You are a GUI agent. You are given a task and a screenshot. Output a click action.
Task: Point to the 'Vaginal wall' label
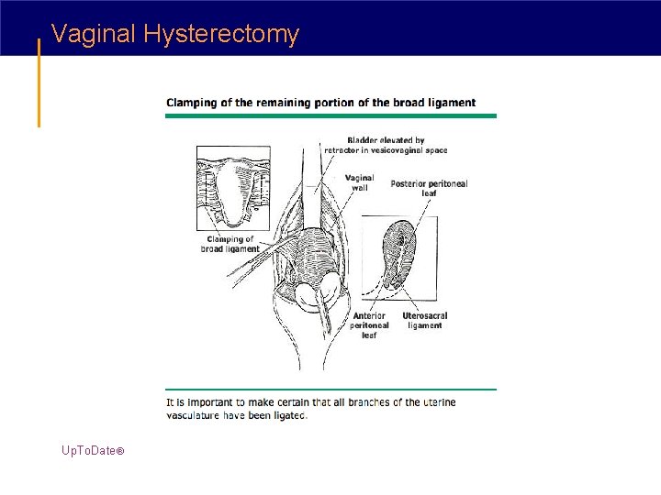[x=360, y=182]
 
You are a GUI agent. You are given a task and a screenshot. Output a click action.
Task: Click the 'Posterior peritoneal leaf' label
[x=429, y=188]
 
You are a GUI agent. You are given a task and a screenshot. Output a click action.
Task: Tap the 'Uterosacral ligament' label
[x=424, y=321]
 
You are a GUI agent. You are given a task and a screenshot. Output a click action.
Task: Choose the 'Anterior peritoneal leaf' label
[x=370, y=325]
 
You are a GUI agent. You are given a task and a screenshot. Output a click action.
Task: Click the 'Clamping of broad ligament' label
[x=230, y=244]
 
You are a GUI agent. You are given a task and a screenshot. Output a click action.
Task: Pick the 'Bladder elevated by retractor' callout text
[x=386, y=145]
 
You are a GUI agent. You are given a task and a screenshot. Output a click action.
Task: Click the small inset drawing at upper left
[x=234, y=187]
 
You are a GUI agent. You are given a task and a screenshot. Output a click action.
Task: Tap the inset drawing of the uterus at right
[x=399, y=253]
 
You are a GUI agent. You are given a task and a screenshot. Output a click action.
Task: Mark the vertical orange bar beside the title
[x=39, y=82]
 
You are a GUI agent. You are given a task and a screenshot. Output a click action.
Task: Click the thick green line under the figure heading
[x=330, y=115]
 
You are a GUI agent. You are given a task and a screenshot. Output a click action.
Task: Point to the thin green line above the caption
[x=330, y=390]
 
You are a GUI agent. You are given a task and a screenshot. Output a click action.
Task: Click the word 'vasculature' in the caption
[x=196, y=415]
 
